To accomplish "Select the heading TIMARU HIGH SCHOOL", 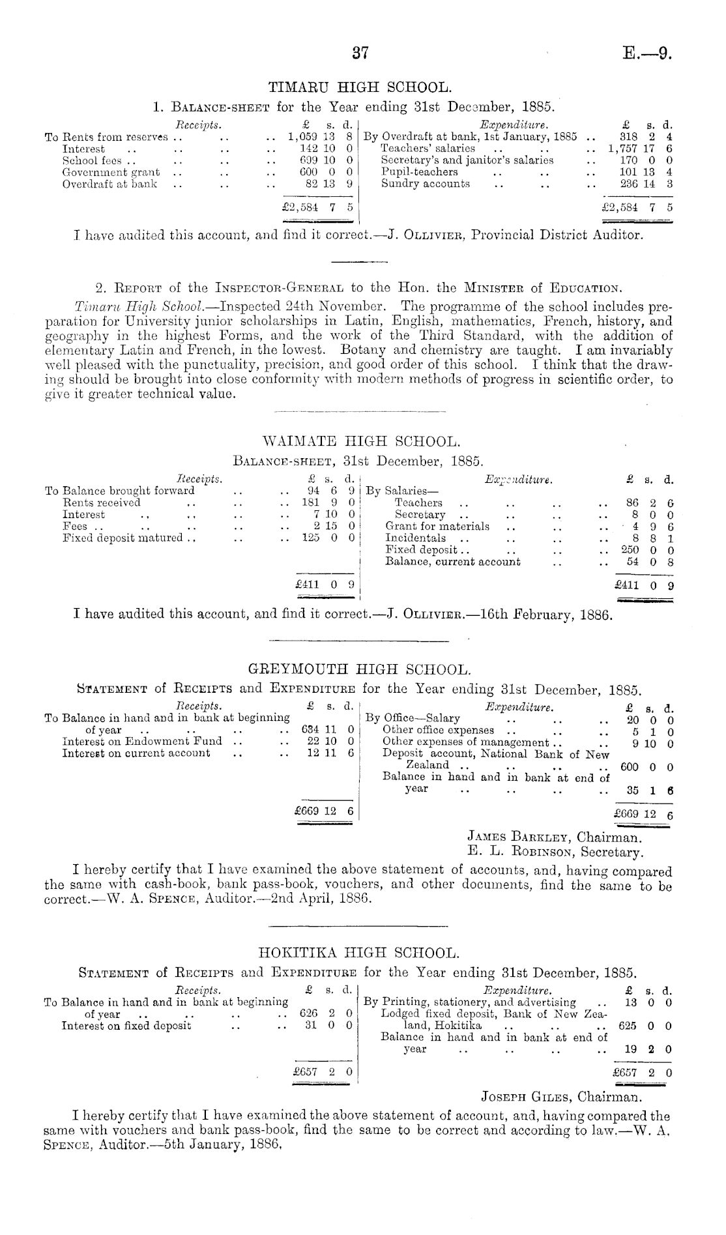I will click(359, 87).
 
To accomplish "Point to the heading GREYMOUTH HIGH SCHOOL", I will click(359, 670).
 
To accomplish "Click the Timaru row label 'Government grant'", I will click(111, 173).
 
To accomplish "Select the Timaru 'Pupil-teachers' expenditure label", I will click(419, 172).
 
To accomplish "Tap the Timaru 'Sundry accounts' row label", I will click(425, 184).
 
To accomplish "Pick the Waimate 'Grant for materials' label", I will click(437, 526).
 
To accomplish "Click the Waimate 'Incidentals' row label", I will click(416, 538).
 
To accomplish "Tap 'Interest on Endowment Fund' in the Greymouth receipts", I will click(141, 741).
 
